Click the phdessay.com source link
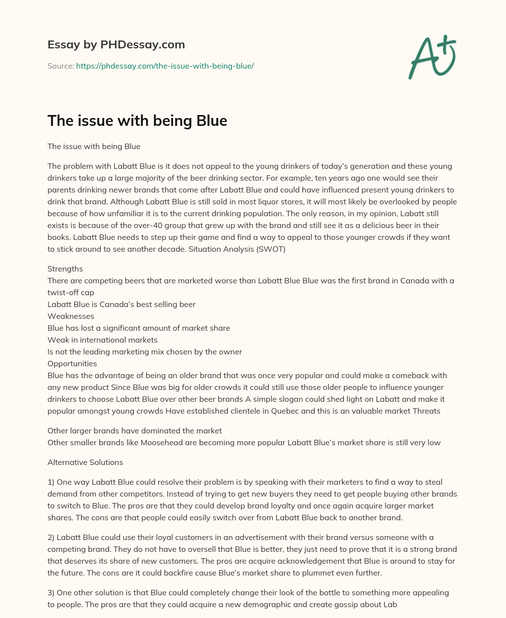click(165, 66)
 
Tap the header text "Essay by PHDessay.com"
click(116, 44)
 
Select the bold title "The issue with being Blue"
click(137, 120)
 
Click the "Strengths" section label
click(65, 269)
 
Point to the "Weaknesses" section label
click(71, 316)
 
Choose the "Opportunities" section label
click(72, 364)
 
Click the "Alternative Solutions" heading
click(85, 463)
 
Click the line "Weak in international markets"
click(102, 340)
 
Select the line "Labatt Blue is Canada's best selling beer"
click(122, 305)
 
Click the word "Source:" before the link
click(61, 66)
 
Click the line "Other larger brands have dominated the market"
click(134, 431)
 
